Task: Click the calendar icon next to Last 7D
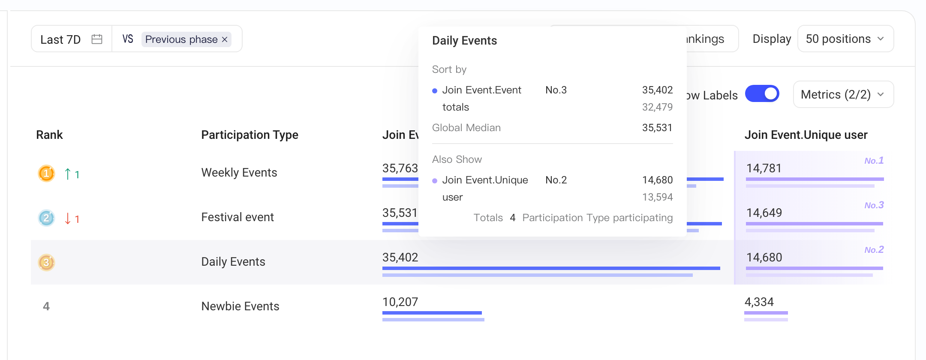point(97,39)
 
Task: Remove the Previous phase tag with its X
point(225,39)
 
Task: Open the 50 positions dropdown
point(845,39)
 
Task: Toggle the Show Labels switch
point(762,93)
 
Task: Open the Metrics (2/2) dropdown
point(843,94)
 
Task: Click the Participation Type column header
point(250,135)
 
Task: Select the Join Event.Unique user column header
point(806,135)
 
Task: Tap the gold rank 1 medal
point(46,174)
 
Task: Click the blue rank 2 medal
point(46,218)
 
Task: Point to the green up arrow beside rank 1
point(67,174)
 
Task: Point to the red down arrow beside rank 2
point(67,218)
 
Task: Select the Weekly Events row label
point(239,172)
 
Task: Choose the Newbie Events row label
point(241,306)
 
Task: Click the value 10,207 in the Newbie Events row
point(400,302)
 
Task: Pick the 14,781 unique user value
point(764,168)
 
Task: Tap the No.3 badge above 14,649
point(874,205)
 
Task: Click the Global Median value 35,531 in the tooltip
point(657,128)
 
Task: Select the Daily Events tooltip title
point(465,41)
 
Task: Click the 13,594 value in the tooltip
point(657,197)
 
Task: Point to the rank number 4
point(46,306)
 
